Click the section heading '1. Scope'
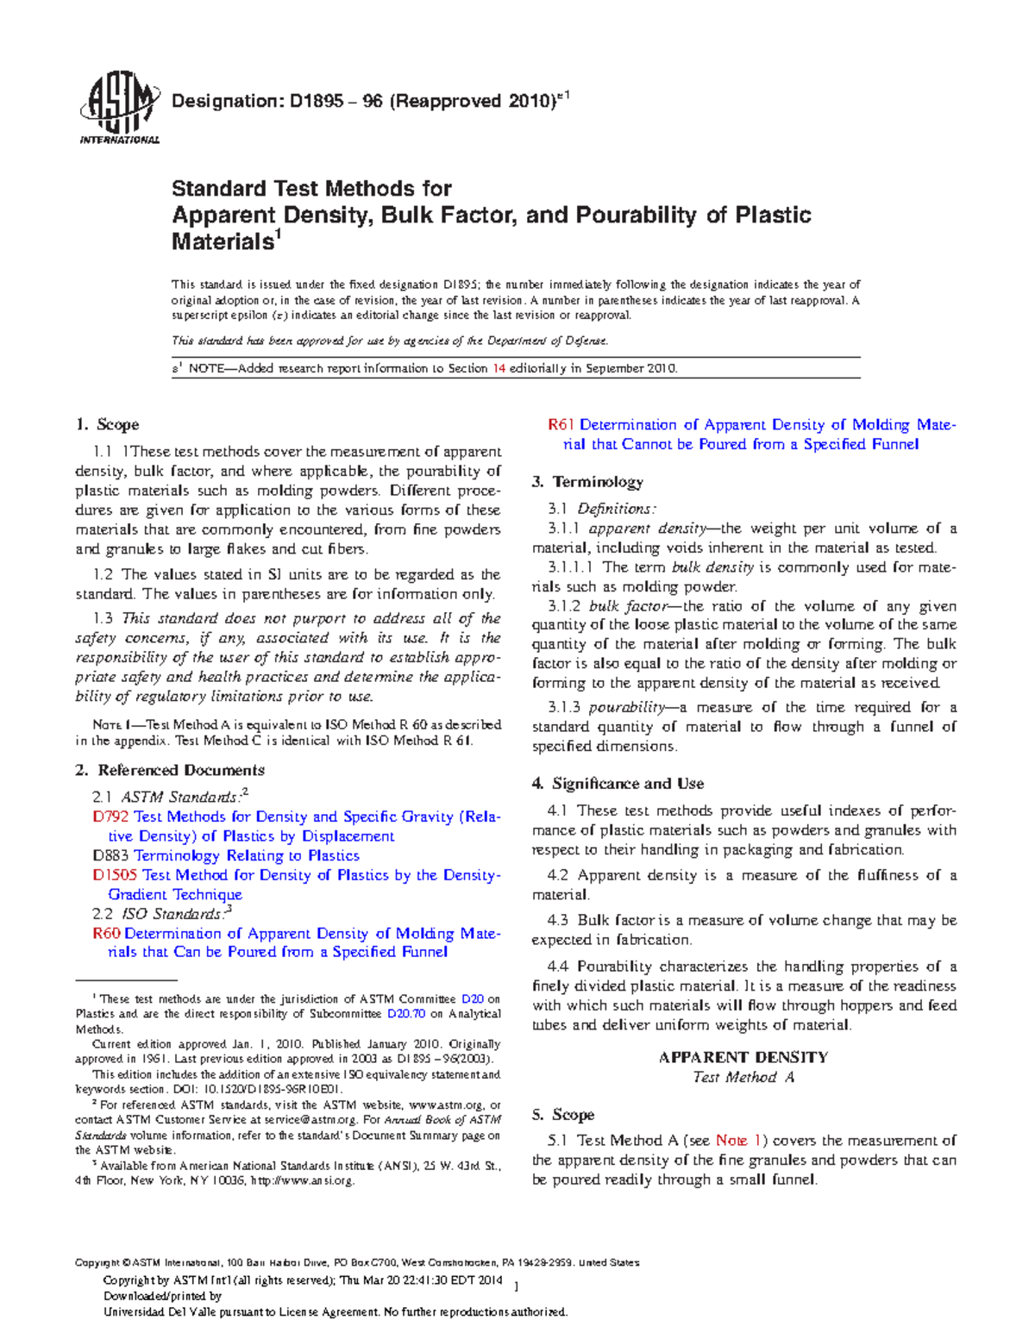point(107,424)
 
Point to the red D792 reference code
point(110,817)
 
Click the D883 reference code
point(110,855)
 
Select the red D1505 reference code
point(115,875)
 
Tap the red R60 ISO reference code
point(107,933)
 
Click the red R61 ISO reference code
point(561,425)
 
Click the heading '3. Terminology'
point(587,482)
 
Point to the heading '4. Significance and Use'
point(618,784)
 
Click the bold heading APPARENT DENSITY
point(743,1057)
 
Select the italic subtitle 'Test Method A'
point(743,1077)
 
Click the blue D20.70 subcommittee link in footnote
point(406,1014)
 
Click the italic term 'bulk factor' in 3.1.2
point(629,606)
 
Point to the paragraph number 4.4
point(558,967)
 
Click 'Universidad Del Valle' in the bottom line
point(155,1312)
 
